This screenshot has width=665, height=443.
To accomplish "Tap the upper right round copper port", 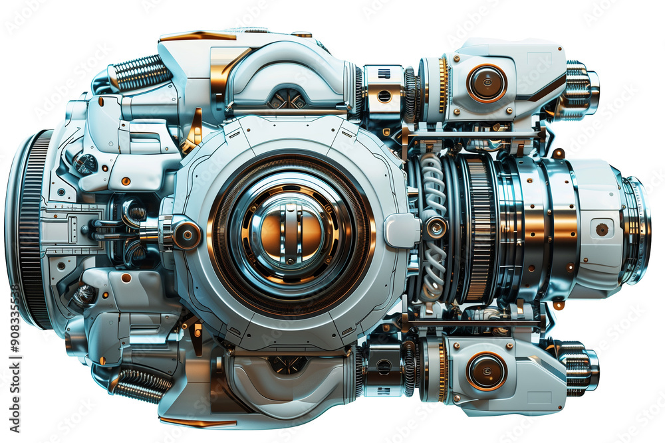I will point(486,83).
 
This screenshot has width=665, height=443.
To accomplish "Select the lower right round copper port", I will point(486,371).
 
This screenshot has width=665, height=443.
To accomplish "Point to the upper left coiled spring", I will point(140,72).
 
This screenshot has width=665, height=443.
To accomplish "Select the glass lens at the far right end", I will point(637,229).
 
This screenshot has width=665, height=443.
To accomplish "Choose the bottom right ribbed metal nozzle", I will point(580,366).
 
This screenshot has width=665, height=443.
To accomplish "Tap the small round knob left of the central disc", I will point(186,234).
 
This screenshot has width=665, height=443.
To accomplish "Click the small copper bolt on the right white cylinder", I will point(602,229).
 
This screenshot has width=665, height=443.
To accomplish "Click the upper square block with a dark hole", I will point(384,94).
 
